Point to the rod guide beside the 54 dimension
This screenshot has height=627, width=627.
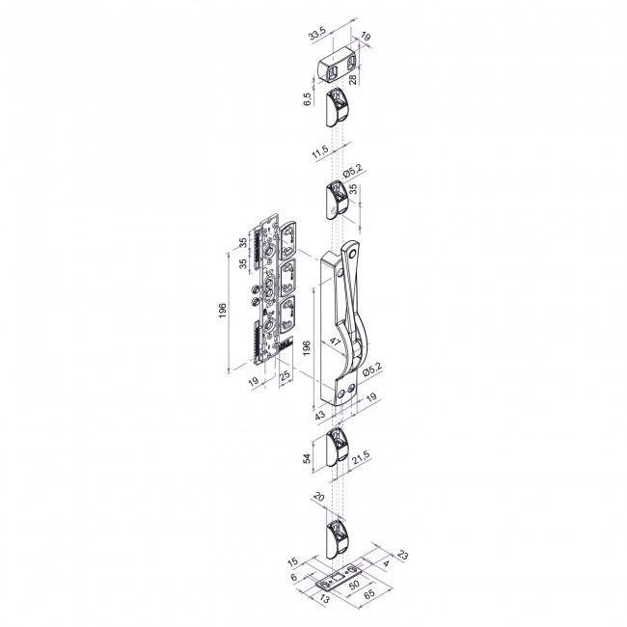(337, 447)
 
